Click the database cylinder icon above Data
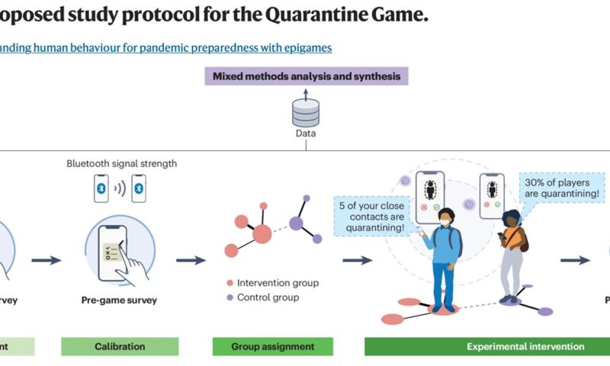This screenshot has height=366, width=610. click(x=305, y=114)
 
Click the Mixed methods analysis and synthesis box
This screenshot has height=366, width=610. click(x=305, y=76)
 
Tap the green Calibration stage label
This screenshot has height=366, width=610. click(x=119, y=346)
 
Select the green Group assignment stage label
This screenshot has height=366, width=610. click(x=273, y=346)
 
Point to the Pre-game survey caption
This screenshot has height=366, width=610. click(x=119, y=300)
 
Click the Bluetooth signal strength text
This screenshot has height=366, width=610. click(x=122, y=163)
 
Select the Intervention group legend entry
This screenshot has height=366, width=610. click(x=272, y=283)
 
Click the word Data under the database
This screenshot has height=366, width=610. click(x=305, y=134)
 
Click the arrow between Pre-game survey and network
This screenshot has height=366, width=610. click(x=191, y=260)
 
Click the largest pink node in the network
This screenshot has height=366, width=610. click(x=262, y=234)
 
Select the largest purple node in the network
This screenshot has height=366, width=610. click(x=295, y=223)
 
